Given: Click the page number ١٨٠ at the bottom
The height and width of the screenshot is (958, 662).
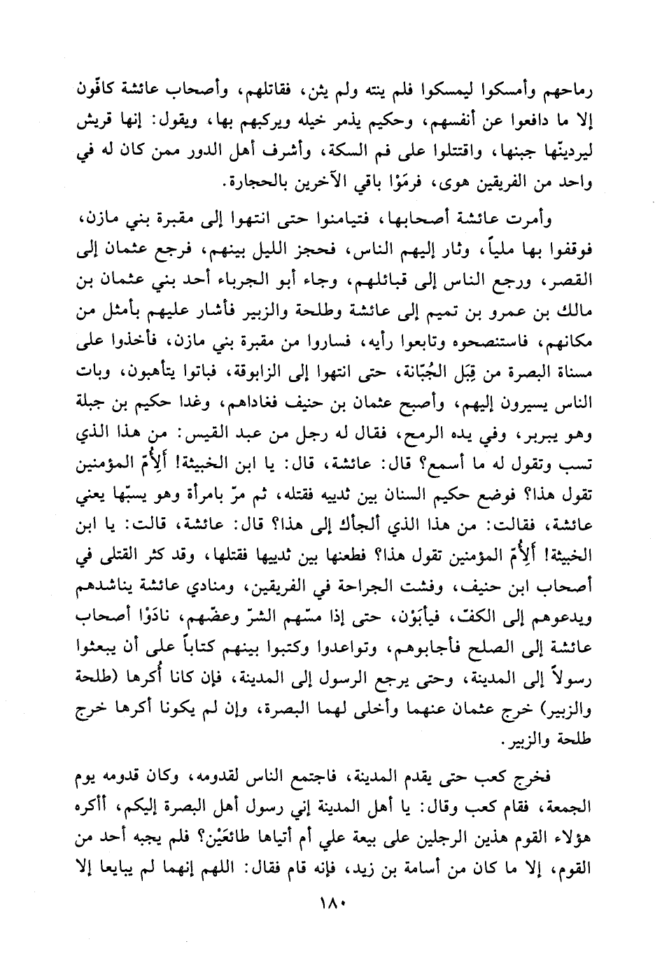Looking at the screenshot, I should coord(331,903).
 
